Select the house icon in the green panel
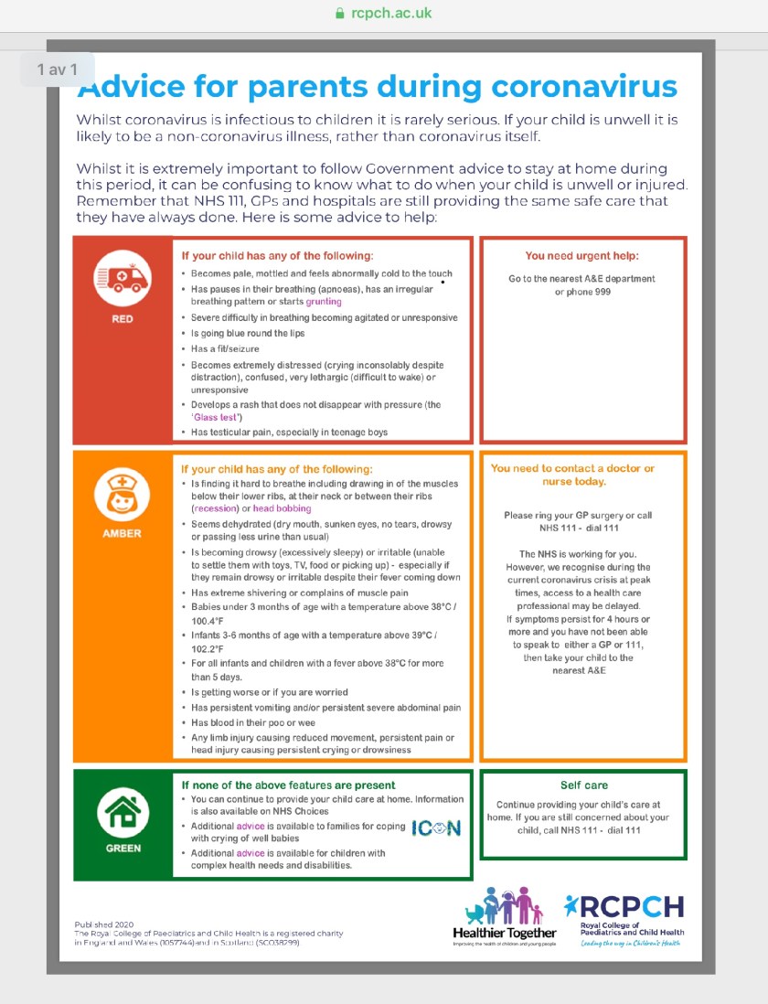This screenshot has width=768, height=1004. (x=123, y=812)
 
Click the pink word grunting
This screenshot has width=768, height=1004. (x=324, y=301)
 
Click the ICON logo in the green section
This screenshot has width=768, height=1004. (x=436, y=828)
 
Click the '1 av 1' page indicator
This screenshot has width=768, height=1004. (x=58, y=69)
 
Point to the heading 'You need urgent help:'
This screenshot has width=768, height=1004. (x=581, y=256)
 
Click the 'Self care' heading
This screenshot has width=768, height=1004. (x=583, y=785)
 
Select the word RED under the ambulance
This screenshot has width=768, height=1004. (x=123, y=319)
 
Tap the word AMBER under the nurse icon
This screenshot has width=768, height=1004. (x=123, y=533)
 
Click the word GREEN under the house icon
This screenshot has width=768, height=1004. (x=123, y=848)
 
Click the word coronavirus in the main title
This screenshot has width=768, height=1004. (x=584, y=86)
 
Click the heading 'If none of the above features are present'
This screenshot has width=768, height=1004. (x=288, y=785)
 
